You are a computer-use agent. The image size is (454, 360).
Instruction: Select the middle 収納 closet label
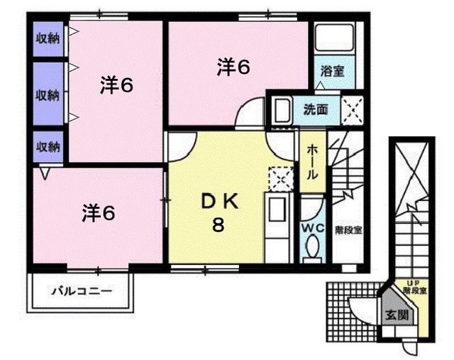point(48,95)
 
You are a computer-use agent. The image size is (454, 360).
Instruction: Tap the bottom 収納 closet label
point(48,146)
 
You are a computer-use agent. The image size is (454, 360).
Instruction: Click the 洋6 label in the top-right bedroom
point(233,67)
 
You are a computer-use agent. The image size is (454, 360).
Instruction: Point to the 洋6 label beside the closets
point(116,86)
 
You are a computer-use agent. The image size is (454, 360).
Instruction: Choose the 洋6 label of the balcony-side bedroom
point(99,212)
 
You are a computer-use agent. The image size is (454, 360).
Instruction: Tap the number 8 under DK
point(218,226)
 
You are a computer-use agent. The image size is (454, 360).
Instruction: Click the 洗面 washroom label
point(316,109)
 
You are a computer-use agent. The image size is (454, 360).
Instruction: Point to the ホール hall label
point(312,163)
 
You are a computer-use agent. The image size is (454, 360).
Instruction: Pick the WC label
point(312,228)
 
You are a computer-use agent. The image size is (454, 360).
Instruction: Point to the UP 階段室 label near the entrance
point(414,288)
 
